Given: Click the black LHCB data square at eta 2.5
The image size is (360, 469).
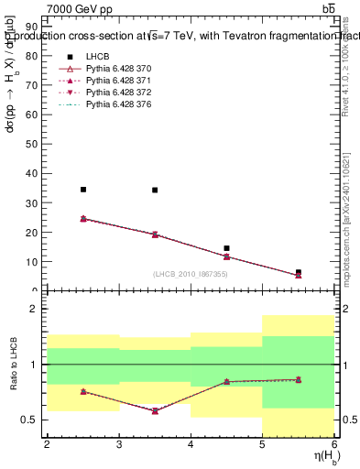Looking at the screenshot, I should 83,190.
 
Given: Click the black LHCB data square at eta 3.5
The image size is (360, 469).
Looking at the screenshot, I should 155,191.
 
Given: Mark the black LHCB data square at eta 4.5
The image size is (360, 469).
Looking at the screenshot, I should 226,248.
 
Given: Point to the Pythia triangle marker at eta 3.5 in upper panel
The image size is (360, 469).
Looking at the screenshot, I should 155,234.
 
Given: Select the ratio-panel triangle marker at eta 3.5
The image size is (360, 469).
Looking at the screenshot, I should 155,410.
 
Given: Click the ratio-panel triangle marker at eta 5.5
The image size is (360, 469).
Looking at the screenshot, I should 299,379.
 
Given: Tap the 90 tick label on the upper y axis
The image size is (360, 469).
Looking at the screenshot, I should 34,27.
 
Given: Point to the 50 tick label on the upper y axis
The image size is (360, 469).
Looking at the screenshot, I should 34,144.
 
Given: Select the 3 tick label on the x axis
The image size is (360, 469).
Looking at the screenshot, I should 119,444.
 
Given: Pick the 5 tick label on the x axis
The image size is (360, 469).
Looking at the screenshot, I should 263,444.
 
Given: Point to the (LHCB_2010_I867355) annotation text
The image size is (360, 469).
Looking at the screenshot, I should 191,275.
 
